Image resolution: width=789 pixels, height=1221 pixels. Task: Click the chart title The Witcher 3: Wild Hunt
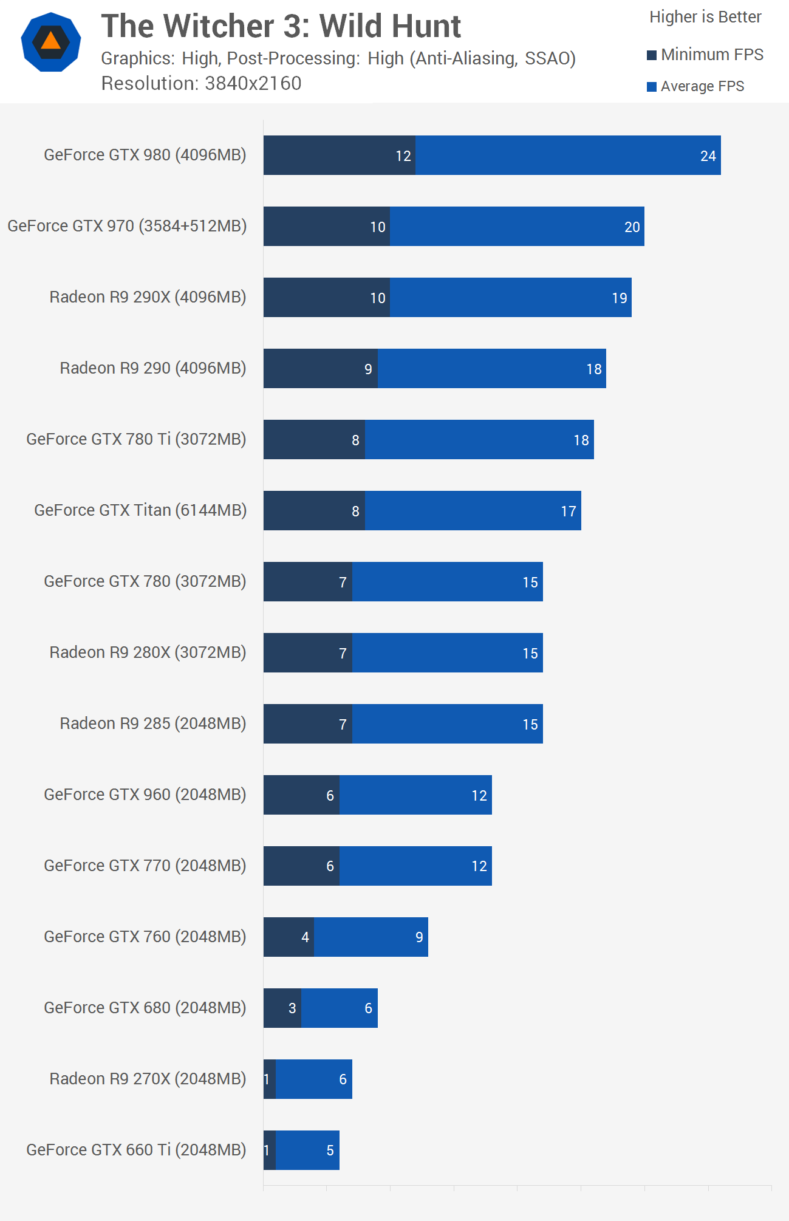pyautogui.click(x=281, y=26)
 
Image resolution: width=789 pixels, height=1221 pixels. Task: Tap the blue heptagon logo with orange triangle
pyautogui.click(x=51, y=42)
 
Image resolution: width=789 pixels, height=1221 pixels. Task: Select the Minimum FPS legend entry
pyautogui.click(x=705, y=55)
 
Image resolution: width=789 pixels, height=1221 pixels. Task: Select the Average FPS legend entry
pyautogui.click(x=695, y=86)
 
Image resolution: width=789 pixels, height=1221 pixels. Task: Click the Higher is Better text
pyautogui.click(x=705, y=17)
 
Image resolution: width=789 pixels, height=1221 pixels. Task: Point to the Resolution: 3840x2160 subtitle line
pyautogui.click(x=201, y=83)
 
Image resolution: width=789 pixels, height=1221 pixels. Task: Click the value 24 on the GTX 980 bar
pyautogui.click(x=708, y=156)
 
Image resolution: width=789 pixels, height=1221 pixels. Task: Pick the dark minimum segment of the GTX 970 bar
pyautogui.click(x=326, y=227)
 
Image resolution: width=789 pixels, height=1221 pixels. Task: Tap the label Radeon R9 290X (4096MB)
pyautogui.click(x=148, y=297)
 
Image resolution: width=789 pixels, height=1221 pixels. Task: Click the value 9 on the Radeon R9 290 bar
pyautogui.click(x=368, y=369)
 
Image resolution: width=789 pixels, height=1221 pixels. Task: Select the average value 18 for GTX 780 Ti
pyautogui.click(x=581, y=440)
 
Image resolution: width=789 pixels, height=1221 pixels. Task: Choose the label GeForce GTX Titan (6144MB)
pyautogui.click(x=140, y=510)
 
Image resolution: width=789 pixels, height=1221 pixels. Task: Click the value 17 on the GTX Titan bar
pyautogui.click(x=568, y=511)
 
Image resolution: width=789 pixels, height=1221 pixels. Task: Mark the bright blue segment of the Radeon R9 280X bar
pyautogui.click(x=447, y=653)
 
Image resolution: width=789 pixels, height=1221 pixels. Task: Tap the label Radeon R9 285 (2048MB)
pyautogui.click(x=152, y=723)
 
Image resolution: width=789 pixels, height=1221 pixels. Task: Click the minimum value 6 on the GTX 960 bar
pyautogui.click(x=330, y=796)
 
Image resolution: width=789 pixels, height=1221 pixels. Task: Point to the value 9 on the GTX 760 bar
pyautogui.click(x=419, y=937)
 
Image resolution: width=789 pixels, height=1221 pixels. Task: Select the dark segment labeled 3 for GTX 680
pyautogui.click(x=282, y=1008)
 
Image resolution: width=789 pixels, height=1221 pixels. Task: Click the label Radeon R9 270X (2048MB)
pyautogui.click(x=148, y=1079)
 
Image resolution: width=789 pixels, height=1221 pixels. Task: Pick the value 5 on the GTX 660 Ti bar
pyautogui.click(x=330, y=1151)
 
